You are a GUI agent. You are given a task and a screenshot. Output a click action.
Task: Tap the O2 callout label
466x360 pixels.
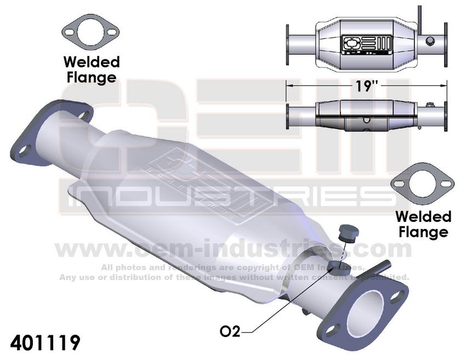230,332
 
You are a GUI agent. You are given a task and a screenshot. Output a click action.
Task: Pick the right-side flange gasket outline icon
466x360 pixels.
422,186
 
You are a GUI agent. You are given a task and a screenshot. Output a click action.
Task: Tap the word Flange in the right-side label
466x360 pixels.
423,232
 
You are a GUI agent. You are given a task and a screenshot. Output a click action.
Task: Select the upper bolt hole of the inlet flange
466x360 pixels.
82,116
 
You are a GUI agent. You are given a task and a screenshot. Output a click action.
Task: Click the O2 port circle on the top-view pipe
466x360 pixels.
429,41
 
